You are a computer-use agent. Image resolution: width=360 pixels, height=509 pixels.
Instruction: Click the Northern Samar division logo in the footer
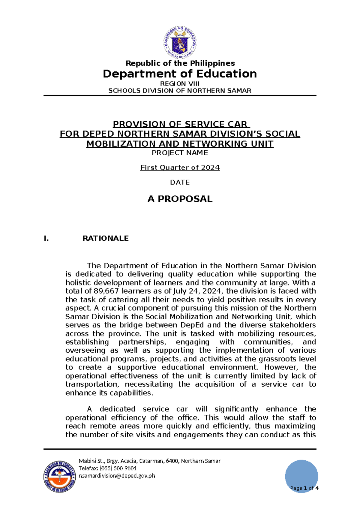click(x=59, y=477)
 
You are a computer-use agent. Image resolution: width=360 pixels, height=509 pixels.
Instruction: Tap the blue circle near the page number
click(x=301, y=474)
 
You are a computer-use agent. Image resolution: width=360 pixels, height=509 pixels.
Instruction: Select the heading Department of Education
click(x=180, y=74)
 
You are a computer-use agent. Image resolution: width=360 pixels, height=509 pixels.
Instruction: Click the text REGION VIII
click(x=180, y=84)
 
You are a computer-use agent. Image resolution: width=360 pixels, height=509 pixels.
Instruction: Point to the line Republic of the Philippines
click(x=180, y=63)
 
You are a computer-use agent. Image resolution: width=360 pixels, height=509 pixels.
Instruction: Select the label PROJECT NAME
click(x=180, y=153)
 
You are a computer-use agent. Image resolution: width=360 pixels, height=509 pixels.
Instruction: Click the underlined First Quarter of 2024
click(x=180, y=167)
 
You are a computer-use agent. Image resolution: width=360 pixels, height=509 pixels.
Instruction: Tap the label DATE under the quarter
click(x=180, y=182)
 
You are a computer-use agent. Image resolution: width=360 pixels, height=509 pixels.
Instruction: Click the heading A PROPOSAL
click(x=180, y=199)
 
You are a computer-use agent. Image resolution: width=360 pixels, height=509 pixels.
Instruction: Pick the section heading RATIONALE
click(x=106, y=238)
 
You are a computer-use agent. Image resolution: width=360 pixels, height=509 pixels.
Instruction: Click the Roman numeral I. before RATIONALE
click(x=46, y=239)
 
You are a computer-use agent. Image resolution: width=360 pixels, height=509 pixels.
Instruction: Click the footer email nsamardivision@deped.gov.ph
click(x=117, y=476)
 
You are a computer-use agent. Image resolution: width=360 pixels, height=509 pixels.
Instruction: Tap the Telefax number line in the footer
click(x=108, y=468)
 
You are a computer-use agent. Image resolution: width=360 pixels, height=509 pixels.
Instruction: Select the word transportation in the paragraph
click(x=92, y=384)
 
